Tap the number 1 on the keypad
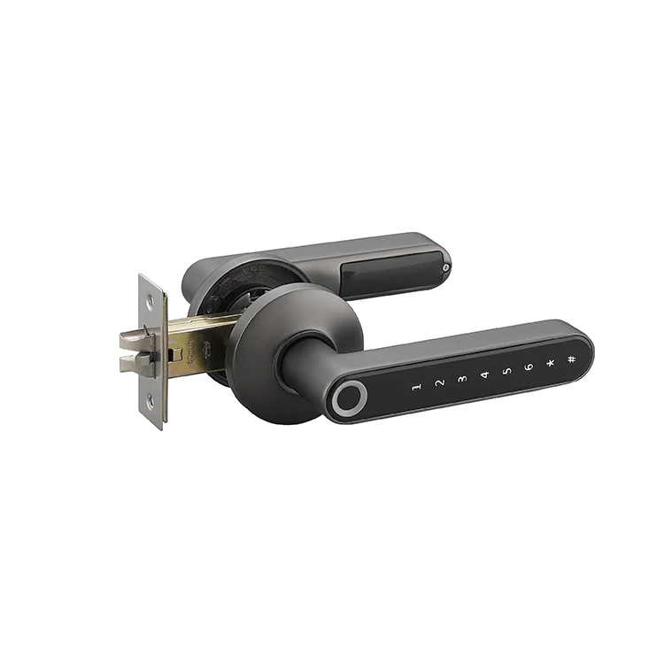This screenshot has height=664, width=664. point(416,388)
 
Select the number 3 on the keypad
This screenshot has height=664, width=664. point(461,380)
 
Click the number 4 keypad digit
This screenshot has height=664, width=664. point(484,375)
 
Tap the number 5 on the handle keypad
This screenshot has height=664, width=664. point(506,371)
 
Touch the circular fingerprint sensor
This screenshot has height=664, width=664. point(349,399)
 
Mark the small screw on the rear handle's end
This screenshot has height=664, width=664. point(446,266)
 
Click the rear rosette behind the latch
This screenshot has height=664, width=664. point(221,283)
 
